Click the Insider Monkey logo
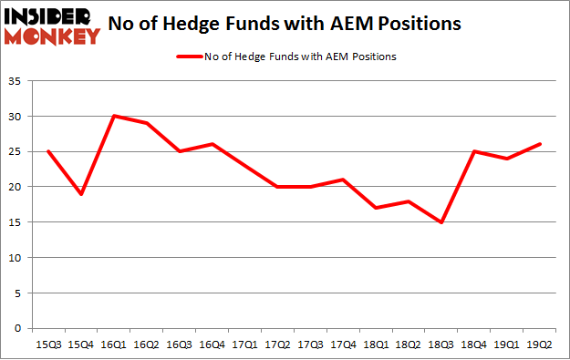(53, 26)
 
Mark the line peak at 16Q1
(114, 116)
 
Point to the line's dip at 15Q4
(81, 193)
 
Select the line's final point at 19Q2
(541, 144)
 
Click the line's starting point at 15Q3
(48, 151)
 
